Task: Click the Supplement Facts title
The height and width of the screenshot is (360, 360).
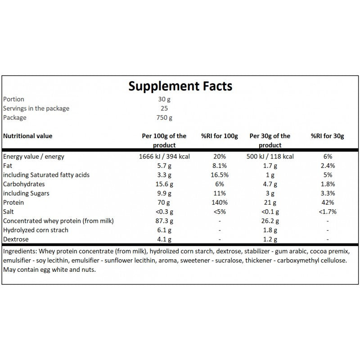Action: click(180, 86)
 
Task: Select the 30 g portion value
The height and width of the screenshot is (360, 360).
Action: click(164, 99)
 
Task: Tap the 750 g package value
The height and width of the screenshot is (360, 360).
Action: click(164, 117)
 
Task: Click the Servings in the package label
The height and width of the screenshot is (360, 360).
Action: click(36, 108)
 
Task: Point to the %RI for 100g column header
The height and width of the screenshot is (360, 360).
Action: click(220, 136)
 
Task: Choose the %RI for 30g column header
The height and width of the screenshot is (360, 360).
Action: click(328, 136)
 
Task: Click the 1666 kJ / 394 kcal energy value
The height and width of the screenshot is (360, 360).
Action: click(164, 157)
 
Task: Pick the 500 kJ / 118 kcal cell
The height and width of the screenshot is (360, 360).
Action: click(270, 157)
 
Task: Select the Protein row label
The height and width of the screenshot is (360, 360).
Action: click(13, 202)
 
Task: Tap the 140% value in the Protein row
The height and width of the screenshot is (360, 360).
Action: click(220, 202)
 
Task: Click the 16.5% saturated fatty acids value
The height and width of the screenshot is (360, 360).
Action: click(220, 175)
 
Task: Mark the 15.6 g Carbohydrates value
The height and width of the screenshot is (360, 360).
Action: click(164, 184)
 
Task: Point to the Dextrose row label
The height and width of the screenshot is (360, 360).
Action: click(16, 239)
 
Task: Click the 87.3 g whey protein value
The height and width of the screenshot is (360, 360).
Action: click(164, 221)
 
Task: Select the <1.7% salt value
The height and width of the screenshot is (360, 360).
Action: click(328, 211)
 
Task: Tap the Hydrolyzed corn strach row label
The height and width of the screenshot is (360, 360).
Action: click(36, 230)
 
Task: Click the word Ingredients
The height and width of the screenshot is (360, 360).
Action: click(20, 252)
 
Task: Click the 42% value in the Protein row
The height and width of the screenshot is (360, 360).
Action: click(328, 202)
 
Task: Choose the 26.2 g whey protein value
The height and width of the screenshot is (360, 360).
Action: click(270, 221)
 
